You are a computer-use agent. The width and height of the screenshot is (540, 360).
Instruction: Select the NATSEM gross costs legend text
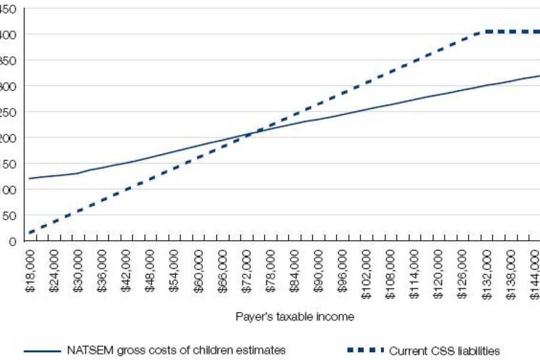pos(176,350)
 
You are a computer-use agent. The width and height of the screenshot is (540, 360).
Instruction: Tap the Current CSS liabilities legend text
pos(444,351)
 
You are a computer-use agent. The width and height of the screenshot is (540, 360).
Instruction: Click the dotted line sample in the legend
pos(364,350)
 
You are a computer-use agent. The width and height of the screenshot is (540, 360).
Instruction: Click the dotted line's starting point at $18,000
pos(29,232)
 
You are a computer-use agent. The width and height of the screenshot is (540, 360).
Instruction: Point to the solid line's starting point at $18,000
pos(29,178)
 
